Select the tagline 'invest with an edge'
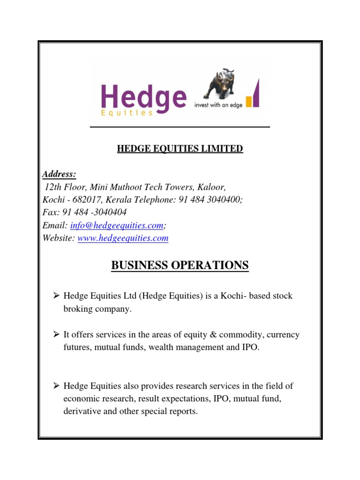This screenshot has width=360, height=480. point(218,105)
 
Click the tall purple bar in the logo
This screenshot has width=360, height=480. point(256,94)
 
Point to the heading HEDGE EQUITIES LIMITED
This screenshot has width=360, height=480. point(180,149)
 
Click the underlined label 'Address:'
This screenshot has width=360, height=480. point(59,174)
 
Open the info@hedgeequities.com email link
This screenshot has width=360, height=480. point(117,225)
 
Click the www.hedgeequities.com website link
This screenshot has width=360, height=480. point(123,238)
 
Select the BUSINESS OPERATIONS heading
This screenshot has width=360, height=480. point(180,266)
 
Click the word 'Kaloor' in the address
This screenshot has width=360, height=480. point(205,187)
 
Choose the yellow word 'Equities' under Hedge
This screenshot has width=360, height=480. point(127,113)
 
